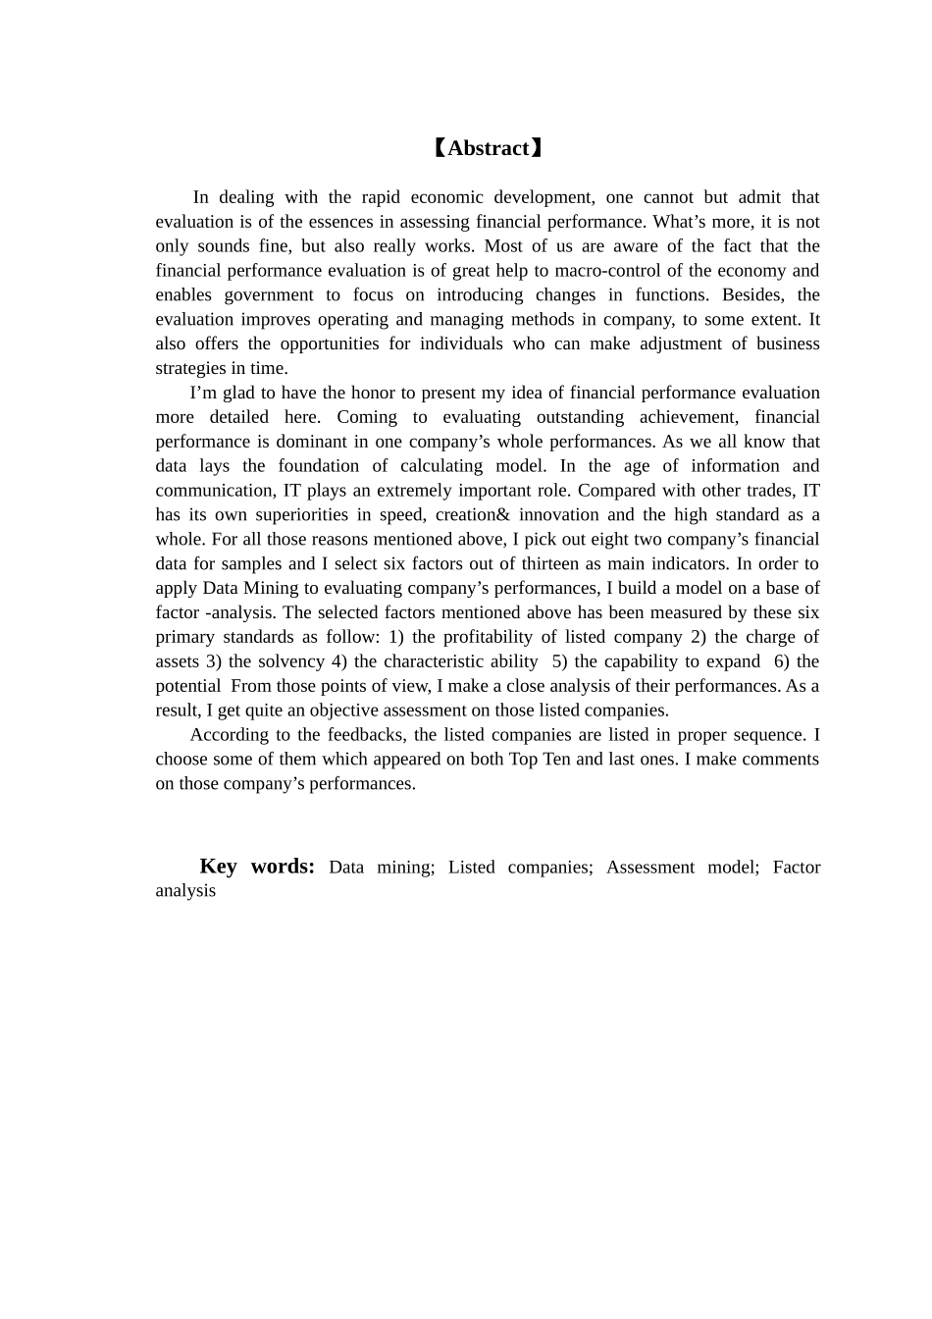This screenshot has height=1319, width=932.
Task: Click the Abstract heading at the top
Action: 488,148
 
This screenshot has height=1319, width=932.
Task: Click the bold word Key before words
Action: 218,866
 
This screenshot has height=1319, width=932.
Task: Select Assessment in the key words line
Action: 650,868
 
